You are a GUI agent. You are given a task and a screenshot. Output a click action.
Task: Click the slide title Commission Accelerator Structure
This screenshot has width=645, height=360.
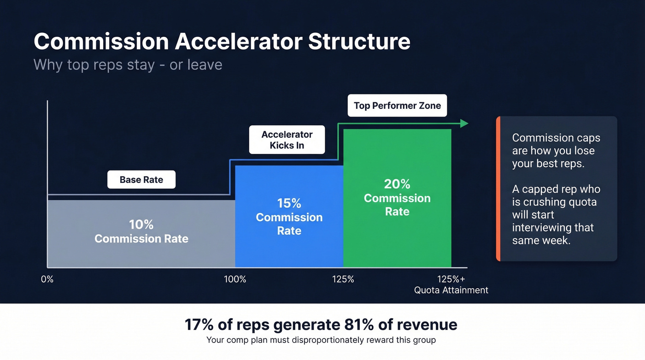[222, 41]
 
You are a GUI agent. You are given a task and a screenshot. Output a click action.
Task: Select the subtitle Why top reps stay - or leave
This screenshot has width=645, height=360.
[128, 65]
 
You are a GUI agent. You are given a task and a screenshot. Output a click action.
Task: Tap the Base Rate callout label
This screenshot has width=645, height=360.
[141, 180]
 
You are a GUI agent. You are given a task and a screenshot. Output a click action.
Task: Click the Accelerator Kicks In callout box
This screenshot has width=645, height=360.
[287, 140]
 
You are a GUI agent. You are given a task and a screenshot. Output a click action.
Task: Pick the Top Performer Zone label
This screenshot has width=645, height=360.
[397, 106]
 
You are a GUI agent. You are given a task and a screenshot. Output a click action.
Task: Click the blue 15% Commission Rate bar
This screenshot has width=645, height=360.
[289, 217]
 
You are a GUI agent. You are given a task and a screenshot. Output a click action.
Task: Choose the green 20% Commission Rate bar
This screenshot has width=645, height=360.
[397, 198]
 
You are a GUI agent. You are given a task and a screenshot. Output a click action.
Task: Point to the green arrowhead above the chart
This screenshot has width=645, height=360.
[464, 123]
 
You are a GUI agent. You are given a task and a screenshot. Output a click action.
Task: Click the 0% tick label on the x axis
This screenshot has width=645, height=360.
[47, 279]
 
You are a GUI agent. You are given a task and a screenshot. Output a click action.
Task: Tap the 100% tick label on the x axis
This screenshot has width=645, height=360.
[235, 279]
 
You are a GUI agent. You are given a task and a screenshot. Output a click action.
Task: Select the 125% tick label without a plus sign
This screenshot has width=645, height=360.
[343, 279]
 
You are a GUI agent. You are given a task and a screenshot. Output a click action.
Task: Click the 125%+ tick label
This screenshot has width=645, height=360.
[451, 279]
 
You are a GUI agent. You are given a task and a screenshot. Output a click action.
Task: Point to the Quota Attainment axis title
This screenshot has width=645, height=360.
[451, 290]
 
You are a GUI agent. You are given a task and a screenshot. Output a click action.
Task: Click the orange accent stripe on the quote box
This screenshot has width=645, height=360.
[498, 189]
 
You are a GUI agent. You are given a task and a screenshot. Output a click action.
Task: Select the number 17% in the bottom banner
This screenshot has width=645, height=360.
[199, 325]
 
